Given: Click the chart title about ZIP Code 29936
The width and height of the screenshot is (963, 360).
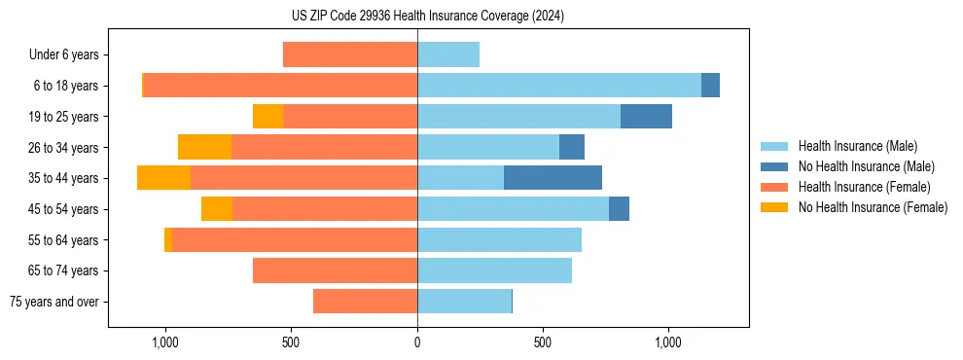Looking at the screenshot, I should click(x=427, y=16).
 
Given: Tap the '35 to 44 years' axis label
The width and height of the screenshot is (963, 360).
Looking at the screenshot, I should click(x=63, y=178).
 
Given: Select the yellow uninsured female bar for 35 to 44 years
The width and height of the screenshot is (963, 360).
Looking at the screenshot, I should click(x=163, y=178).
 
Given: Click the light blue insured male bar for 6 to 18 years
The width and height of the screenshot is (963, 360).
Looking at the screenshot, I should click(x=559, y=86).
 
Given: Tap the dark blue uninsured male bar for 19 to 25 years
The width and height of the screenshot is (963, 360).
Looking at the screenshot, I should click(x=646, y=117).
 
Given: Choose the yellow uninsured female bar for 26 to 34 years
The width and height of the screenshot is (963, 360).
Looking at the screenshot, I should click(x=204, y=147).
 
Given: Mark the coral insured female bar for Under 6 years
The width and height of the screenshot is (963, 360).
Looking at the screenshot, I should click(x=350, y=55).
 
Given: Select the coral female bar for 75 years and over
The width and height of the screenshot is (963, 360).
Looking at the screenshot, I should click(x=365, y=302).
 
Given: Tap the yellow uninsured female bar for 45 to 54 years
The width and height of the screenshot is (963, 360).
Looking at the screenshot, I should click(x=217, y=209).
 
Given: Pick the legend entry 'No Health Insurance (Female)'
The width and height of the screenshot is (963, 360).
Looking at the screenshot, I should click(x=873, y=207).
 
